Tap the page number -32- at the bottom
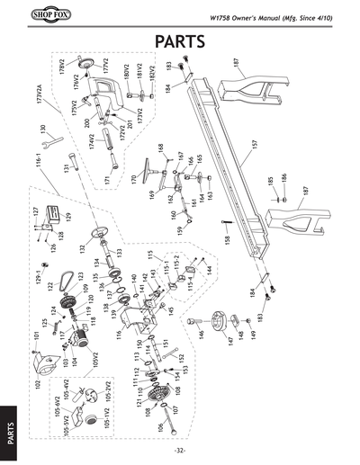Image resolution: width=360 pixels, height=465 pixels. [x=180, y=451]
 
